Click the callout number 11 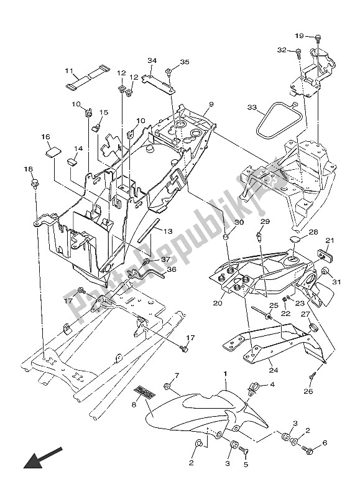point(68,70)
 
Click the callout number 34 point(151,60)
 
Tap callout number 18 point(28,169)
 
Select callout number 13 point(167,231)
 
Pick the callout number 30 point(223,222)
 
